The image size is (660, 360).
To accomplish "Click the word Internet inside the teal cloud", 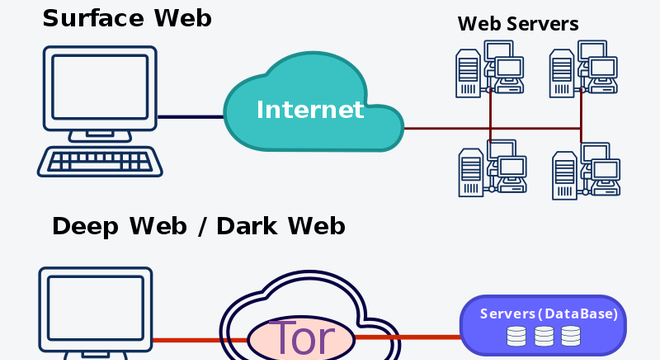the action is (310, 110).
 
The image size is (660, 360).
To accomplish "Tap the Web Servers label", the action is (518, 24).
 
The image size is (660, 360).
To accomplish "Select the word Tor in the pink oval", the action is (301, 338).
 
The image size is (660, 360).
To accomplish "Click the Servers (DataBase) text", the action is (549, 314).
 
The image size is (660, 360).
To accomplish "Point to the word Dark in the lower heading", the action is (248, 226).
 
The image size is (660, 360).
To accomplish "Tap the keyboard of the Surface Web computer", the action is (100, 161).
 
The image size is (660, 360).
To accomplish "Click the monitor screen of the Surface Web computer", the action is (100, 87).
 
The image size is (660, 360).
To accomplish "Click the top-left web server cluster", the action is (490, 69).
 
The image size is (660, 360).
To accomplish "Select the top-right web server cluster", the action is (583, 69).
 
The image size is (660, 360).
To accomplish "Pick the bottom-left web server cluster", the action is (492, 168).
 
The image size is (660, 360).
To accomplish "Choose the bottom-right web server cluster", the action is (586, 171).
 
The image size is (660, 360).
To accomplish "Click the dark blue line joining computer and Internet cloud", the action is (190, 117).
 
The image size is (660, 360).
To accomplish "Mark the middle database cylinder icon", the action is (544, 336).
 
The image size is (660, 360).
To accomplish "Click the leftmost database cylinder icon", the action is (516, 336).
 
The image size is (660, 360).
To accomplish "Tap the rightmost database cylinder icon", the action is (571, 336).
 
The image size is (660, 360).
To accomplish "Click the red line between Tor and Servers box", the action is (408, 337).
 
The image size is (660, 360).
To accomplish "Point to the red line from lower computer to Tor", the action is (200, 340).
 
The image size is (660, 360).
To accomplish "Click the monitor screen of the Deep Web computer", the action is (96, 308).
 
